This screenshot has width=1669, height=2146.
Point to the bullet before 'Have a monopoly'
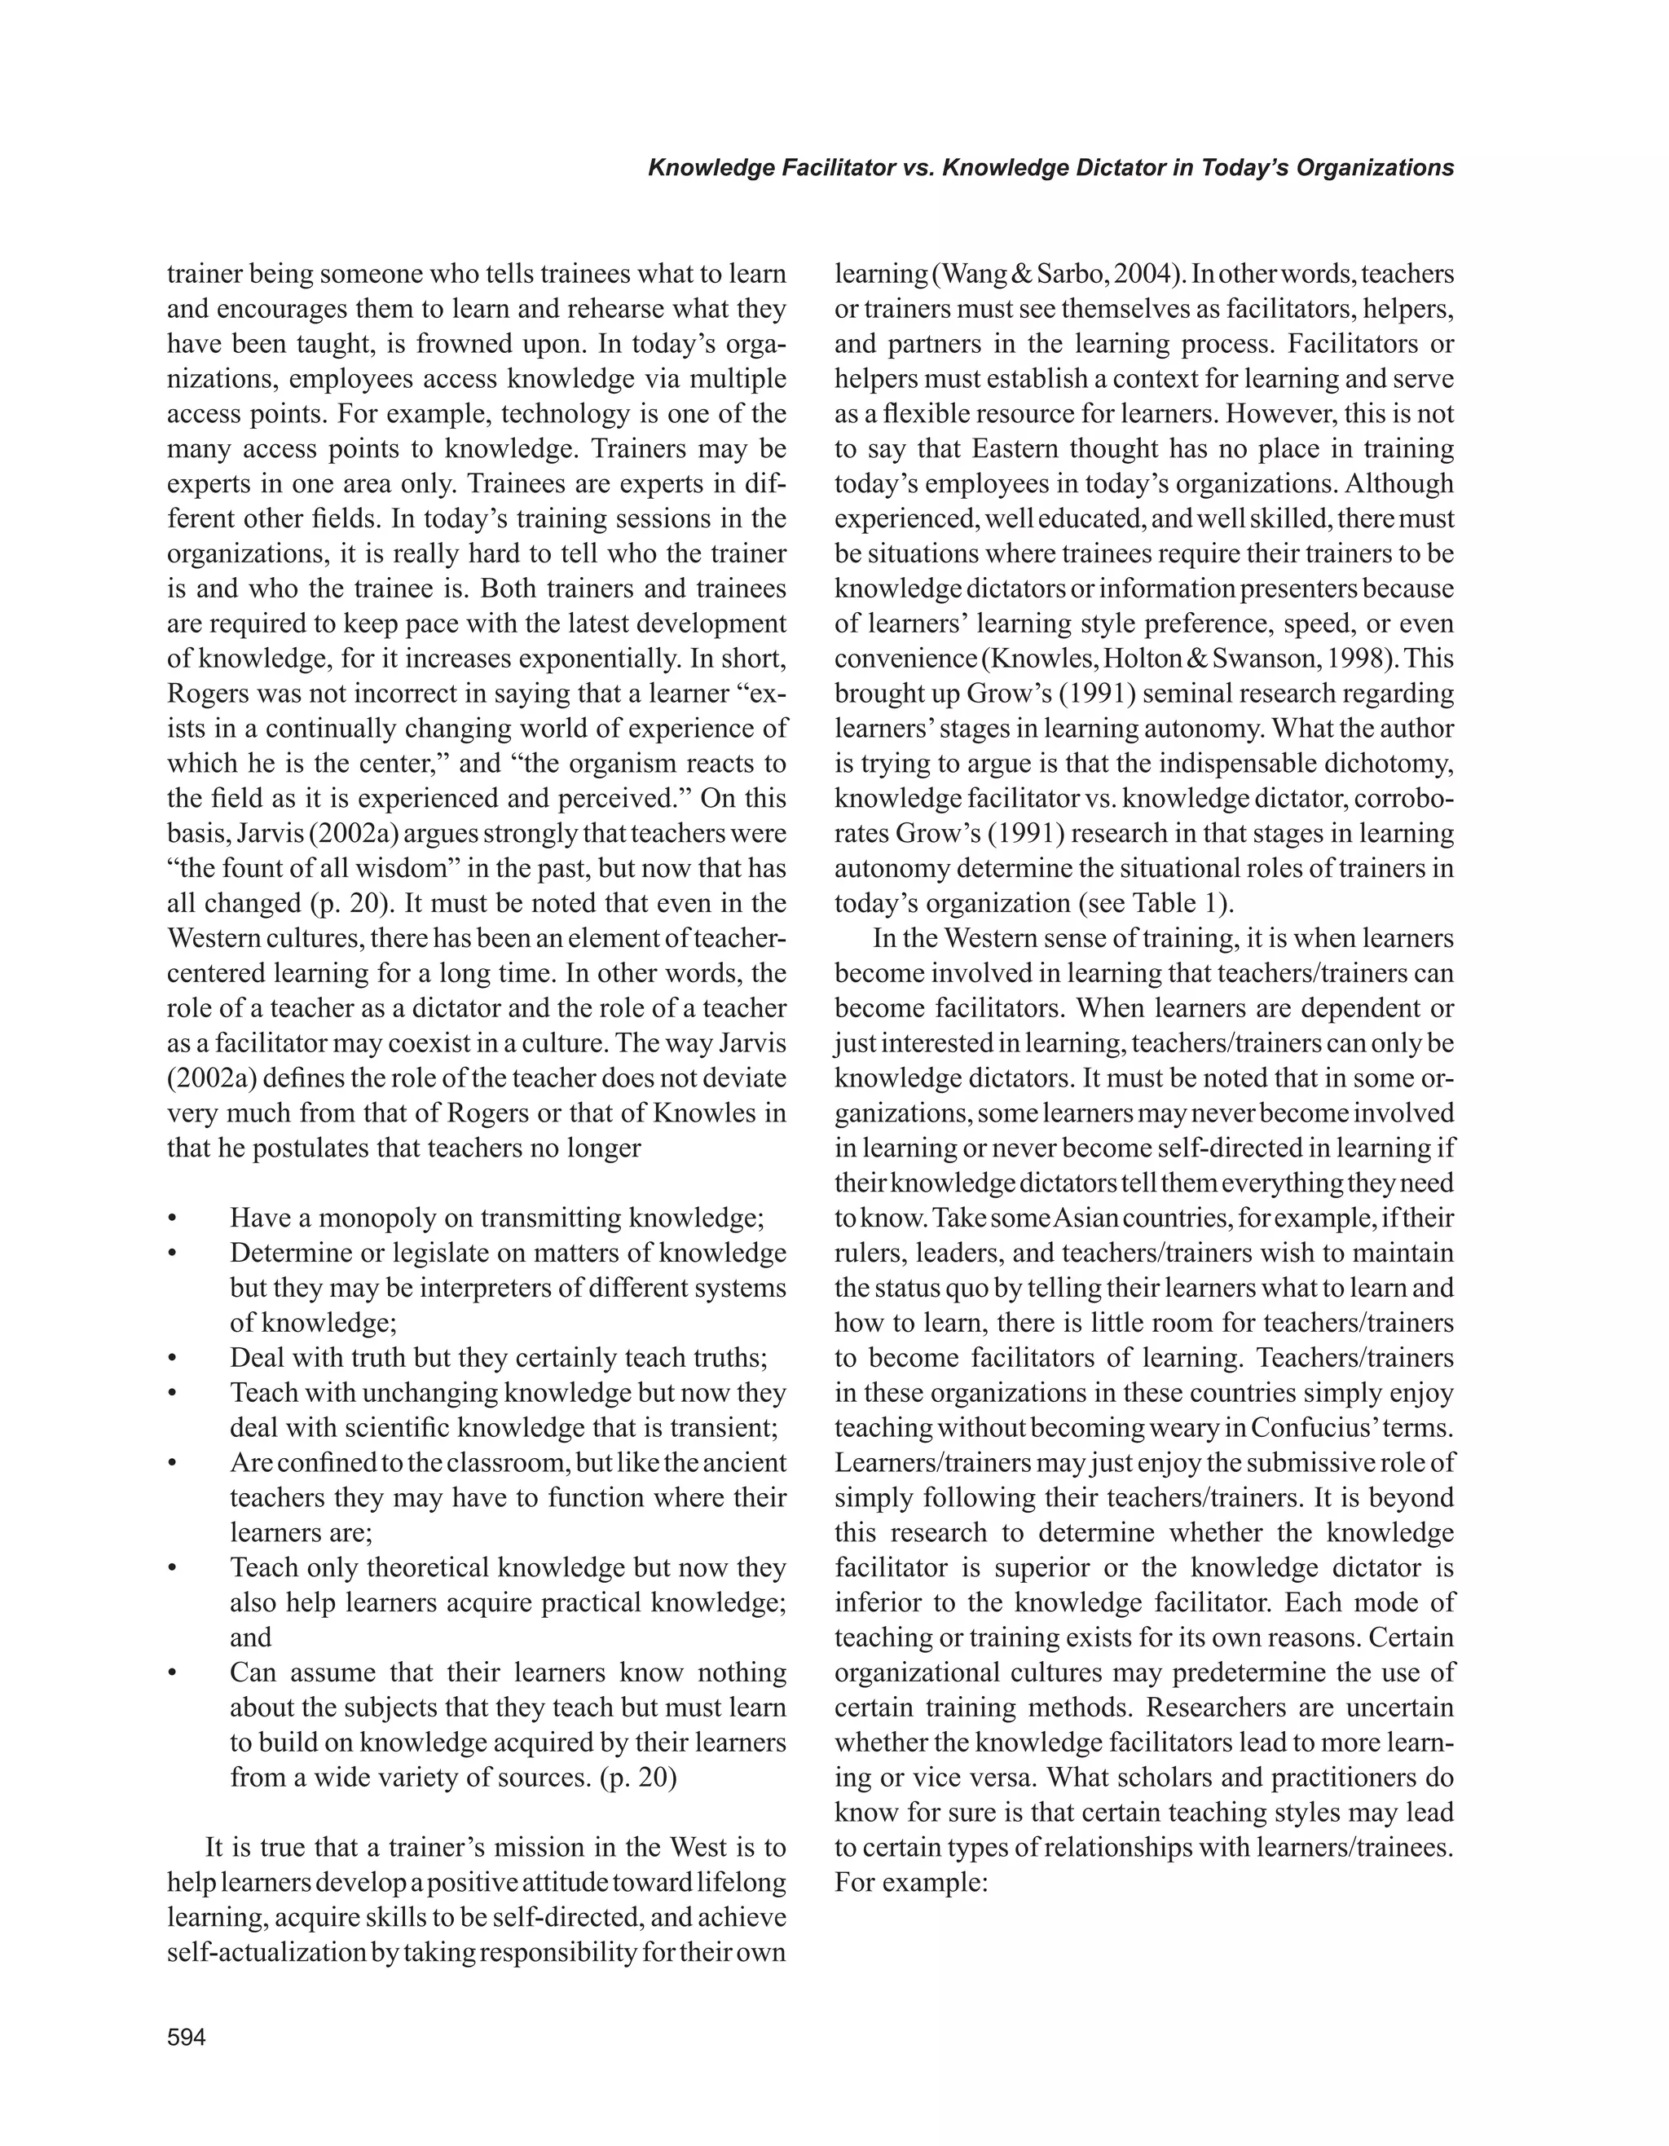pos(173,1218)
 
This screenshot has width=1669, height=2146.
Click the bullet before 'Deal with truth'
pos(173,1358)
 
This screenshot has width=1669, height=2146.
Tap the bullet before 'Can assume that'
pos(173,1672)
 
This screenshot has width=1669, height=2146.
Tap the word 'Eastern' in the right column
pos(1018,448)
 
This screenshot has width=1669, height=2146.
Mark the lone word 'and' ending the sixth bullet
pos(250,1637)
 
